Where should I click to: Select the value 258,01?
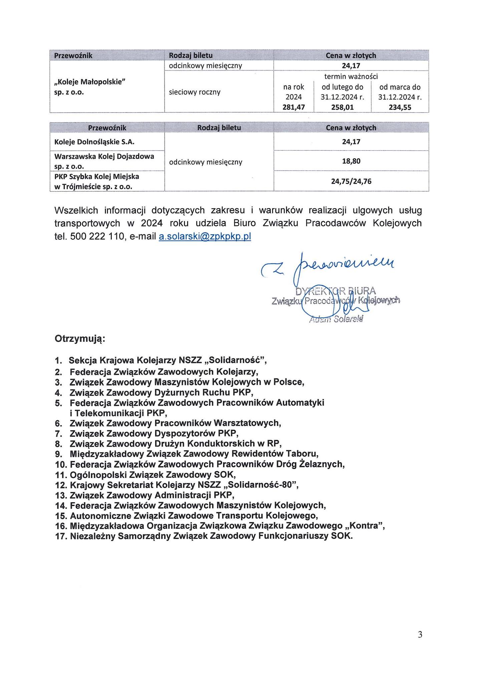click(x=342, y=107)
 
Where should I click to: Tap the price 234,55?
click(x=400, y=107)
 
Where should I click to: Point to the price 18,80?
click(x=351, y=161)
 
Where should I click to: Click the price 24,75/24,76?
click(x=351, y=181)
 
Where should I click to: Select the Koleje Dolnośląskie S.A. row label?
click(x=94, y=142)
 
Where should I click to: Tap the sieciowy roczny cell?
click(x=195, y=92)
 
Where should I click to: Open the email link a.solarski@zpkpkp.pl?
click(x=205, y=236)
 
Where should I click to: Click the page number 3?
click(x=420, y=635)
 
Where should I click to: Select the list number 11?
click(x=62, y=475)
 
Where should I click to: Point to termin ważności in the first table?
click(x=351, y=76)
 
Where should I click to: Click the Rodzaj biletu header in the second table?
click(x=219, y=128)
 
